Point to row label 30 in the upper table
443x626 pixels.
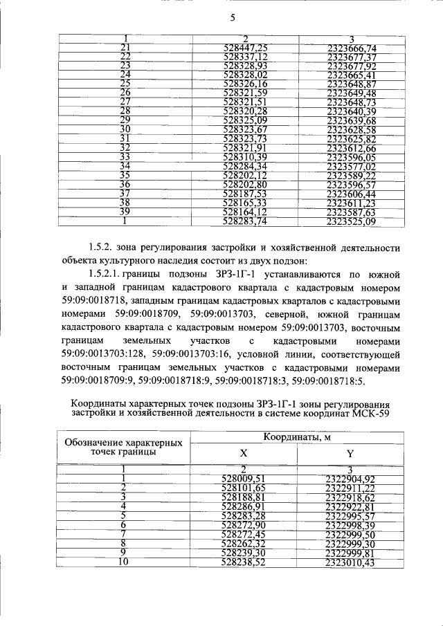click(125, 129)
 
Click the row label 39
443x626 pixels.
click(125, 212)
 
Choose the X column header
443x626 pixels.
click(243, 454)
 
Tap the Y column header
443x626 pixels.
click(350, 454)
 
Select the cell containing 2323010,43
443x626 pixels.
click(350, 563)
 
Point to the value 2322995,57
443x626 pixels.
click(350, 516)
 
